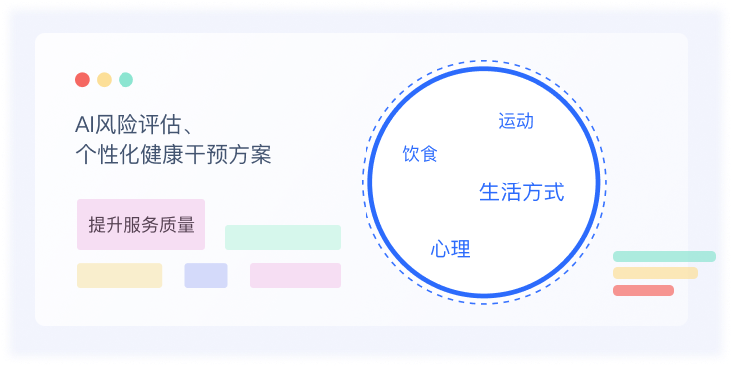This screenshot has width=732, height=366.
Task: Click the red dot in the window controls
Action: coord(82,80)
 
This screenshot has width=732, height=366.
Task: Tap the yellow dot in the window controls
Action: coord(104,80)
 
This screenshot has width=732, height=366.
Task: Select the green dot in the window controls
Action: coord(125,80)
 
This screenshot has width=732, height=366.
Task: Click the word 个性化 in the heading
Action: coord(106,156)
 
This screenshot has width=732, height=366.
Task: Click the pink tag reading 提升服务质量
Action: coord(140,224)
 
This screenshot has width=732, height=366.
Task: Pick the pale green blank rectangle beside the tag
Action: coord(282,237)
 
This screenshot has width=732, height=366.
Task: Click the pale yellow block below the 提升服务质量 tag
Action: coord(120,275)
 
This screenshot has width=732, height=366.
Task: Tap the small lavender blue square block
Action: coord(205,275)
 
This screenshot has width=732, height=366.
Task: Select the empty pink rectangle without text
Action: coord(295,275)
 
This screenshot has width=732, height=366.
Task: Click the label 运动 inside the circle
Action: coord(516,121)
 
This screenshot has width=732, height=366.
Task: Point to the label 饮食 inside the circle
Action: coord(419,154)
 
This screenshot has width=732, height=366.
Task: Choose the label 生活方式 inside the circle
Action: coord(521,191)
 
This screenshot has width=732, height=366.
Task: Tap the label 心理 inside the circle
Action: coord(450,249)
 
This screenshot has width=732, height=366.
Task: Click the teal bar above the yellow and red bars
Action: coord(664,256)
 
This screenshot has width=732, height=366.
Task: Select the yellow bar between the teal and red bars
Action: coord(655,273)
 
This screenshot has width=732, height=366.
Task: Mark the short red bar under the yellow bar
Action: coord(643,290)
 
